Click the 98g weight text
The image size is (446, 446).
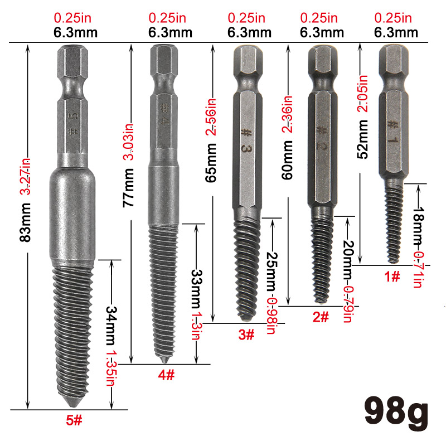396,413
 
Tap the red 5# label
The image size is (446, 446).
74,420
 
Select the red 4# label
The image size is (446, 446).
166,375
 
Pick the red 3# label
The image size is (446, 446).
246,335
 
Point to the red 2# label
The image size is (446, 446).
321,317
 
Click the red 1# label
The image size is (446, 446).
392,276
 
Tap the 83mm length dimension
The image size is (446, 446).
25,222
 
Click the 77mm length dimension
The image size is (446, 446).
128,188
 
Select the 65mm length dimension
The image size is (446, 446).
211,163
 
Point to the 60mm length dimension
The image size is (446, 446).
287,160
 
